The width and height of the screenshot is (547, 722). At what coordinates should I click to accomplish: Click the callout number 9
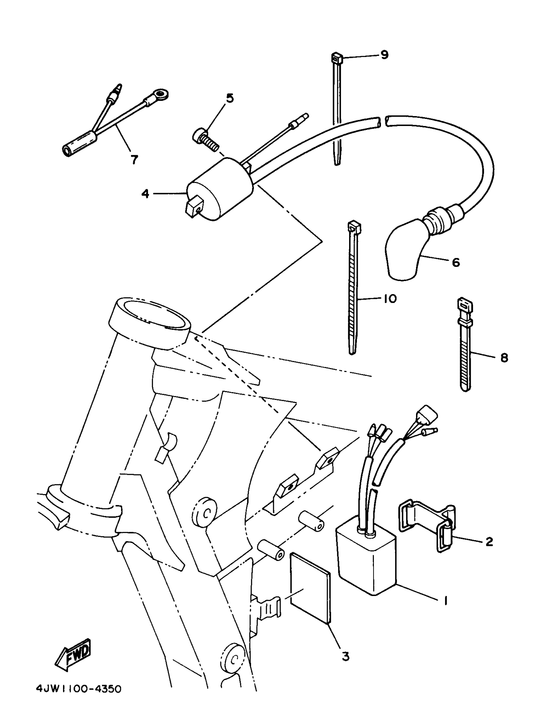(385, 55)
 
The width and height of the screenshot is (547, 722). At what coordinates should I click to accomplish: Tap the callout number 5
(230, 98)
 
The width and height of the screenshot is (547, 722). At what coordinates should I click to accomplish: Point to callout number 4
(145, 194)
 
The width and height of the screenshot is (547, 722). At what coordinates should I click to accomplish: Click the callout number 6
(456, 262)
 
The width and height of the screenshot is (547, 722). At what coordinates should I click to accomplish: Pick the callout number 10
(390, 298)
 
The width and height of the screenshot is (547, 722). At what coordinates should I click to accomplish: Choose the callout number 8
(504, 358)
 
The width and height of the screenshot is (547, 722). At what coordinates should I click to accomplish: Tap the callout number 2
(489, 542)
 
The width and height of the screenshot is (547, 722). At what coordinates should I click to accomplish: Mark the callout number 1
(445, 600)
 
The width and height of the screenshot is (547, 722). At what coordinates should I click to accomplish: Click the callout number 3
(345, 656)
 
